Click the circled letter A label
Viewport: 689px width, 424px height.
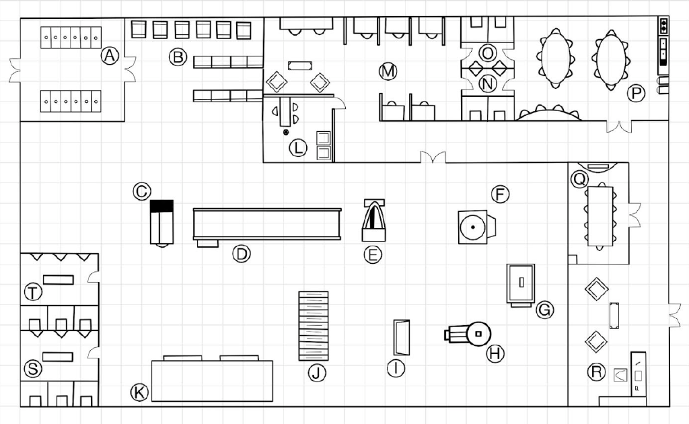tap(110, 56)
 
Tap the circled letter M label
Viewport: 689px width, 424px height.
tap(388, 71)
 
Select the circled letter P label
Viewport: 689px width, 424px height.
tap(636, 93)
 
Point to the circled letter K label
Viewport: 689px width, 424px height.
tap(140, 392)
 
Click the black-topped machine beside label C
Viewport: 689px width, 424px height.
tap(161, 223)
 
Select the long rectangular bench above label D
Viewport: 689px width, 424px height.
tap(267, 225)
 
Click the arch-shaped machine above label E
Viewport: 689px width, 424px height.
tap(374, 220)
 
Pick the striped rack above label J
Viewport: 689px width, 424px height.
tap(314, 326)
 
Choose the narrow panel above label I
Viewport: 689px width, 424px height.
tap(402, 337)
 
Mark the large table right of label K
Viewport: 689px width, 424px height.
tap(212, 379)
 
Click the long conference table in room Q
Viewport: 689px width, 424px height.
tap(600, 217)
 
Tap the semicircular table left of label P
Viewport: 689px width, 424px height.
tap(549, 113)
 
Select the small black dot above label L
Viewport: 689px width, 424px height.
tap(286, 133)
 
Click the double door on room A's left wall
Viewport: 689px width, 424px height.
tap(16, 71)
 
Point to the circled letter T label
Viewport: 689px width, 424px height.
tap(33, 292)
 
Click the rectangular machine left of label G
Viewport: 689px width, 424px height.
tap(521, 285)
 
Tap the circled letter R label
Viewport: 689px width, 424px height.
tap(596, 372)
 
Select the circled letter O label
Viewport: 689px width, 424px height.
tap(487, 53)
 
